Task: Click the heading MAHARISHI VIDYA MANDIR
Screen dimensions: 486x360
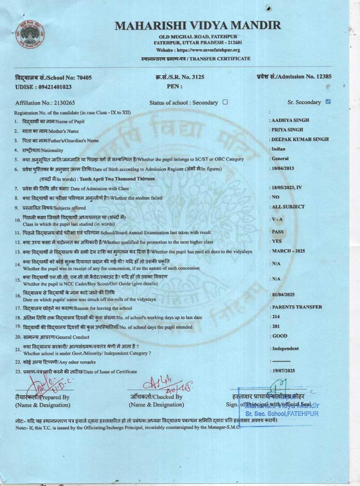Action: tap(198, 26)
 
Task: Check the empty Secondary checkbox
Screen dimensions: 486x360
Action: tap(225, 102)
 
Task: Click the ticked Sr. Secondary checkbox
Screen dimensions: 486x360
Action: tap(328, 102)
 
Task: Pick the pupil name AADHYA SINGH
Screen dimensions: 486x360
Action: tap(290, 120)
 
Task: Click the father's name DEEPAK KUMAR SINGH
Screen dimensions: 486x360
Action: tap(300, 139)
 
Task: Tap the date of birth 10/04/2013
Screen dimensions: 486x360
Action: tap(283, 168)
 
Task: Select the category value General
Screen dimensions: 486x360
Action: tap(280, 158)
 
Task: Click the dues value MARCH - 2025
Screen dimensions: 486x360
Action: tap(288, 251)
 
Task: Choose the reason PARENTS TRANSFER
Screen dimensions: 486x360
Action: tap(297, 307)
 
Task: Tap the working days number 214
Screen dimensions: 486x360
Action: tap(276, 317)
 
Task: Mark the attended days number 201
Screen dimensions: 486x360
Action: tap(276, 327)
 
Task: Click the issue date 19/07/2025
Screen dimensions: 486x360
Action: tap(283, 370)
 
